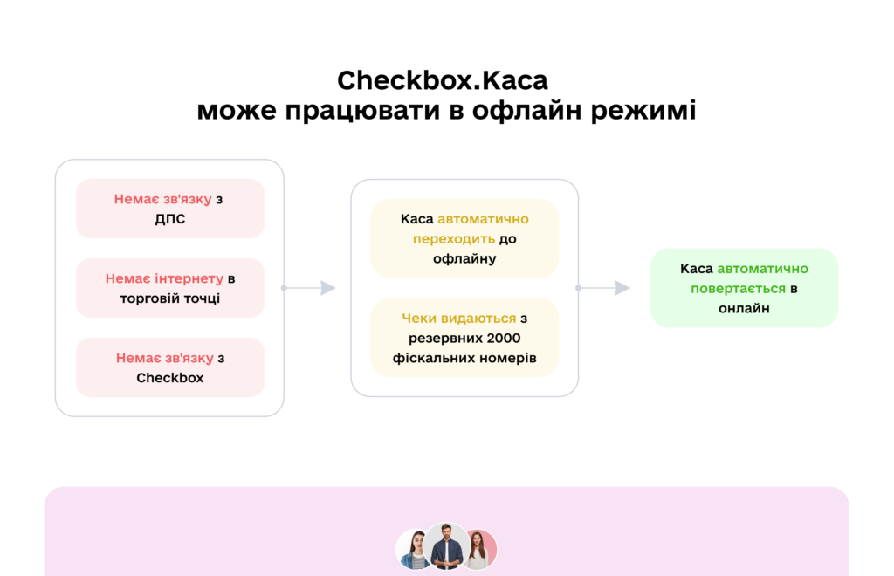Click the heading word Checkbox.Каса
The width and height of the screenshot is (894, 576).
coord(443,80)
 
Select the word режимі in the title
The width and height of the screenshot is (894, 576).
coord(643,111)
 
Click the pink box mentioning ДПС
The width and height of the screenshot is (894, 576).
coord(170,209)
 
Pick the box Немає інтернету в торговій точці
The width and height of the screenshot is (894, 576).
coord(170,288)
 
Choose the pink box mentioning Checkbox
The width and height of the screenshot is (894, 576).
coord(170,367)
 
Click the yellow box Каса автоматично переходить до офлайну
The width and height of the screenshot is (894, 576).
coord(464,238)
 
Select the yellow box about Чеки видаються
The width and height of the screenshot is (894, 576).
coord(464,337)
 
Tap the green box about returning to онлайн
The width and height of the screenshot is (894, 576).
coord(744,288)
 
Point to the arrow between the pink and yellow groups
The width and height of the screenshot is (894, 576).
coord(308,288)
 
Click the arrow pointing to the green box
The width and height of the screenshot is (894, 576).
coord(603,288)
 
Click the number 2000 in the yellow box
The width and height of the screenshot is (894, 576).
coord(504,338)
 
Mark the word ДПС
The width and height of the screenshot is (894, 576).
coord(170,219)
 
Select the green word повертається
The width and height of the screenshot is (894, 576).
coord(738,289)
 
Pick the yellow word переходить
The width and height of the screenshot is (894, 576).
coord(454,239)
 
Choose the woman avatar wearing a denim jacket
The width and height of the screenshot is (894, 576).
coord(413,550)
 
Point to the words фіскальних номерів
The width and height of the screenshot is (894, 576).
coord(464,358)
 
